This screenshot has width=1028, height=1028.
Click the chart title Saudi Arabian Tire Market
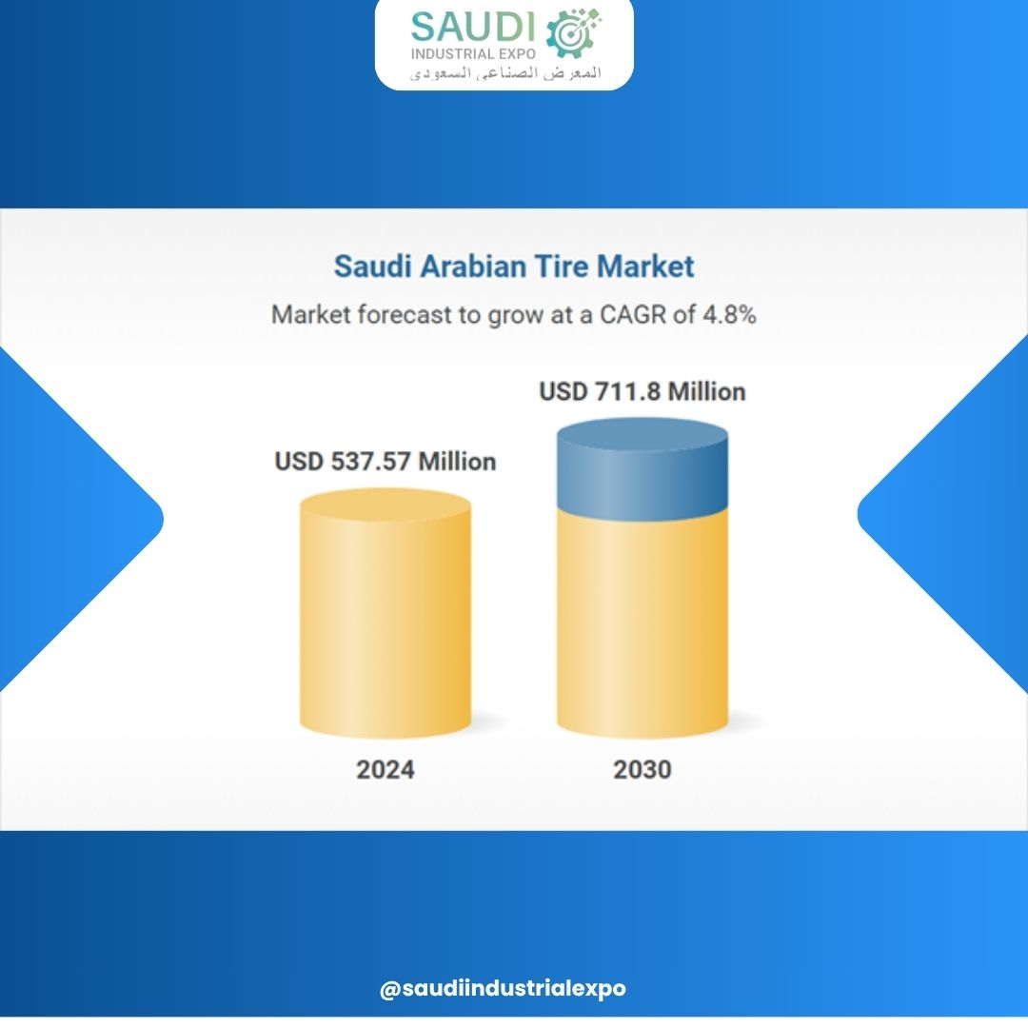tap(514, 267)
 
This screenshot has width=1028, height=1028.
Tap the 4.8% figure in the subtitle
tap(730, 315)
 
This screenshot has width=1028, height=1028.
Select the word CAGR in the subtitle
tap(633, 315)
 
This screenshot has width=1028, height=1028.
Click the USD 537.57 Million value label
tap(385, 462)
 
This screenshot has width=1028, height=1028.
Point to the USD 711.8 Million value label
tap(642, 391)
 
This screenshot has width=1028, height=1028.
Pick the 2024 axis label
tap(385, 769)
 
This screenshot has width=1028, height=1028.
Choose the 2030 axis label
tap(642, 769)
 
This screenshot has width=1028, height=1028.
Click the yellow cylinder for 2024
tap(385, 613)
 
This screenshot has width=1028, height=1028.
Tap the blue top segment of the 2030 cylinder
tap(642, 466)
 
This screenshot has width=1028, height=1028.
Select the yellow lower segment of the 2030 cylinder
tap(642, 623)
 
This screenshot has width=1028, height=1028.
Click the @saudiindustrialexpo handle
tap(503, 988)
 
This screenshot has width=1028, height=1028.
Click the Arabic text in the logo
tap(505, 72)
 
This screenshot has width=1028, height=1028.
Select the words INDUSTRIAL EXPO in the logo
tap(473, 53)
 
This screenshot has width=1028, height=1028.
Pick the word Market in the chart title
tap(645, 267)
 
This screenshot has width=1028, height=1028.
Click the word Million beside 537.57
tap(458, 462)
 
